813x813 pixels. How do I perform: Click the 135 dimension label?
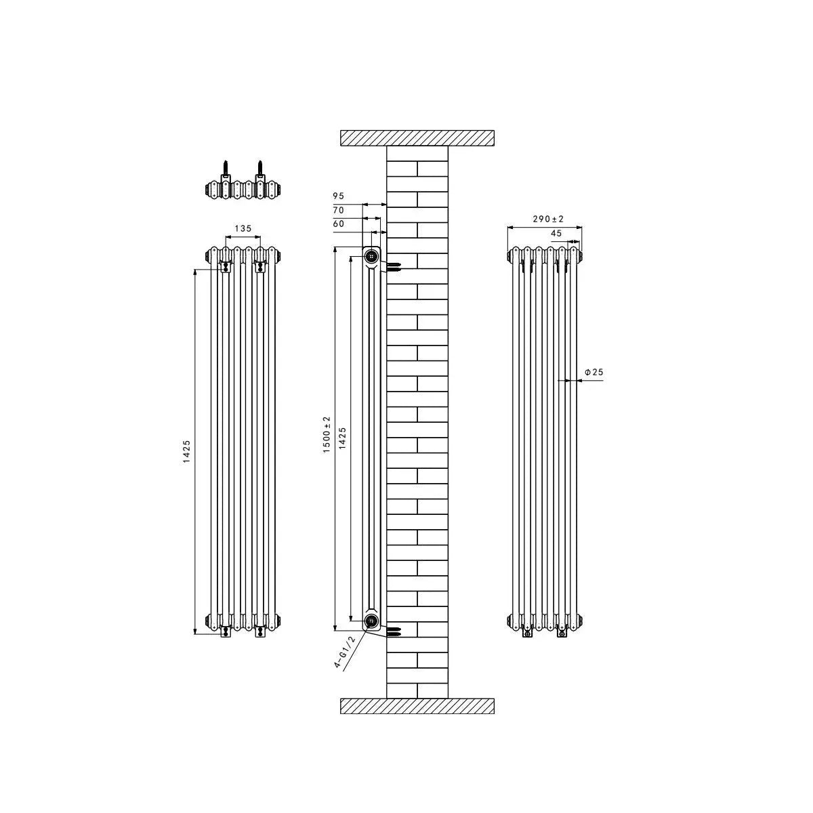coord(243,228)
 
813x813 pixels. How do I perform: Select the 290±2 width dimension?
coord(548,220)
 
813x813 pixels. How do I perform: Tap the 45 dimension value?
coord(556,233)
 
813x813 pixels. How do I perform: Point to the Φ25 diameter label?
coord(593,372)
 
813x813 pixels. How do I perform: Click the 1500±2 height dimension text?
coord(326,434)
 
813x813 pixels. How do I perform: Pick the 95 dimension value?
coord(338,196)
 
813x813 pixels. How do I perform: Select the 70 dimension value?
coord(338,210)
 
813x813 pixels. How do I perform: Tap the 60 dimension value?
coord(338,224)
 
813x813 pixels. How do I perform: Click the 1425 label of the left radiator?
coord(186,452)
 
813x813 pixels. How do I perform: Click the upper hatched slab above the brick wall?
coord(417,137)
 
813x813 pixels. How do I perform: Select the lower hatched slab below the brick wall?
coord(417,706)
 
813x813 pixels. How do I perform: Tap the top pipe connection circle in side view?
coord(372,256)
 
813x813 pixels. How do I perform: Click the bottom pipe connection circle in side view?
coord(372,621)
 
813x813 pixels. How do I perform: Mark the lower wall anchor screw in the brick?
coord(395,633)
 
